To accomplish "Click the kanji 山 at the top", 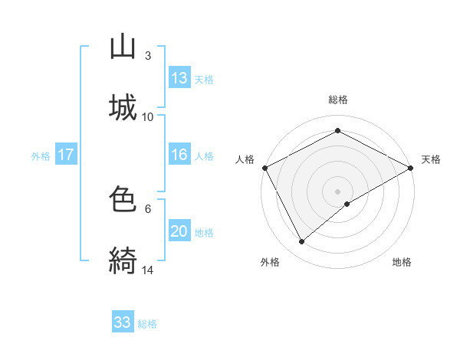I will point(123,47).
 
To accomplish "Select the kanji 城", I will point(123,108).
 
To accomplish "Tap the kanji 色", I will point(123,200).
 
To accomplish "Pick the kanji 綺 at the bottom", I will point(123,261).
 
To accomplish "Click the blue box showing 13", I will point(179,78).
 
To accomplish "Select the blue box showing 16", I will point(179,155).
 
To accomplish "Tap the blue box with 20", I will point(179,231).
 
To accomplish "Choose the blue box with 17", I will point(66,155).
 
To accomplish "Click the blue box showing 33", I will point(123,322).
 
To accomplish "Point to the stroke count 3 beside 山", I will point(147,55).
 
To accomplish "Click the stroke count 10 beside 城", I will point(148,116).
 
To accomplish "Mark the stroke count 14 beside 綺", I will point(148,270).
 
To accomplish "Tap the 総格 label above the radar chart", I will point(338,100).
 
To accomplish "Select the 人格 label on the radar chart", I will point(245,159).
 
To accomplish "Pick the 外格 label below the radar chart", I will point(270,262).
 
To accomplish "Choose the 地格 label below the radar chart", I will point(402,262).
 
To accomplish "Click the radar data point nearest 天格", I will point(411,167).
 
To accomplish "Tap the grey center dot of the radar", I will point(338,191).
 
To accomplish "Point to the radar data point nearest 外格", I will point(302,241).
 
